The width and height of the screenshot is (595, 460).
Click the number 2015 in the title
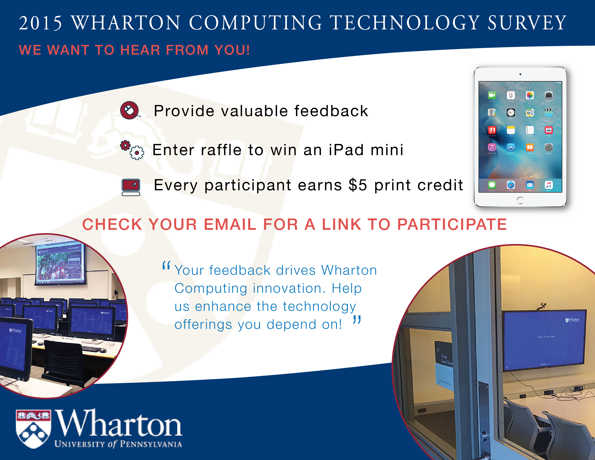tap(41, 23)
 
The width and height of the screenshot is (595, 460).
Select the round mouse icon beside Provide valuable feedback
tap(130, 110)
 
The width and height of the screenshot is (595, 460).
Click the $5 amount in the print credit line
tap(358, 185)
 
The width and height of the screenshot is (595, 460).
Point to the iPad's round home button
tap(520, 200)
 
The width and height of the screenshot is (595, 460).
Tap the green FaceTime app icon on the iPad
tap(492, 95)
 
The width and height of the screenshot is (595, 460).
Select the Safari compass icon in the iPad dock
tap(511, 185)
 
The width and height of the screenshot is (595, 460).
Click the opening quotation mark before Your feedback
tap(166, 265)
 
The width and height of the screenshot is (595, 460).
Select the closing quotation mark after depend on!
tap(357, 319)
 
